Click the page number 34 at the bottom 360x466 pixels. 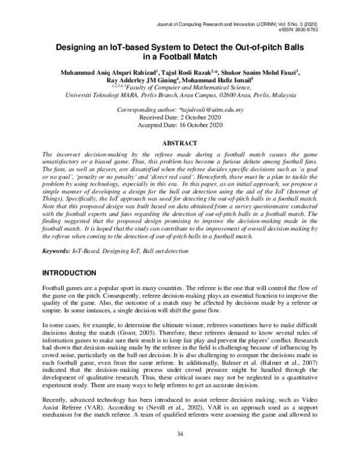tap(180, 451)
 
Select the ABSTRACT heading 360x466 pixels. tap(180, 145)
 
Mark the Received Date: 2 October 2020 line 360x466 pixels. tap(180, 118)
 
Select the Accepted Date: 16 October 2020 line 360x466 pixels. tap(180, 126)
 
